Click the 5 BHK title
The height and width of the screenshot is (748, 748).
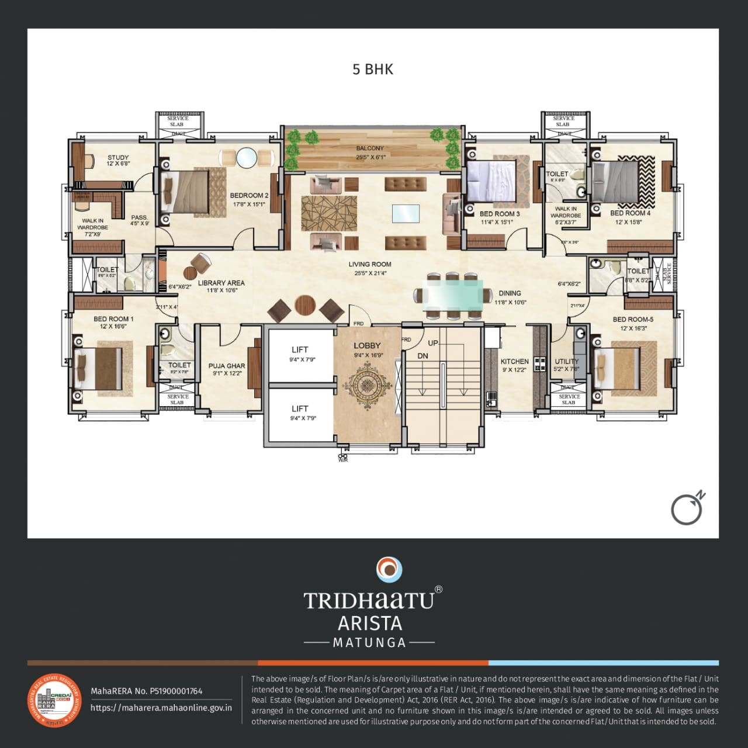pos(373,70)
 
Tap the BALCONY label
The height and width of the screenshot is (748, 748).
pos(370,148)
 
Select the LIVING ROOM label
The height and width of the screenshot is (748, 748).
pos(370,264)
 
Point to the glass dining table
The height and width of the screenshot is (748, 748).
pos(453,295)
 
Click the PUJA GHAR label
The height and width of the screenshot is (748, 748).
pos(227,366)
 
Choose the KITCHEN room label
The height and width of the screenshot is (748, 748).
pos(514,362)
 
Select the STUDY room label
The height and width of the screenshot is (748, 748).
pos(118,158)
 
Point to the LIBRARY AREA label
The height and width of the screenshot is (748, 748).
pos(221,283)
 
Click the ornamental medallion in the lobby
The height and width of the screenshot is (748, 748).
pos(366,384)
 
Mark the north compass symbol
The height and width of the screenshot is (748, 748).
pos(687,508)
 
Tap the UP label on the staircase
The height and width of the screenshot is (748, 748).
pos(432,343)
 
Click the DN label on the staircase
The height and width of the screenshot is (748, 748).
pos(423,356)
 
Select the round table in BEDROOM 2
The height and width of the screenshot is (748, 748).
pos(246,158)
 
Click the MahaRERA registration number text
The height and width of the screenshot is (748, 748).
pos(146,691)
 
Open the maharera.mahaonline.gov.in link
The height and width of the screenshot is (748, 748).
pos(161,708)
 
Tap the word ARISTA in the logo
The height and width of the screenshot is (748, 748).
pos(369,623)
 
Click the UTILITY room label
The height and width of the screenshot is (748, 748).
pos(566,362)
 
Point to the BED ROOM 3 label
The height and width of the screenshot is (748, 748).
pos(499,214)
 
